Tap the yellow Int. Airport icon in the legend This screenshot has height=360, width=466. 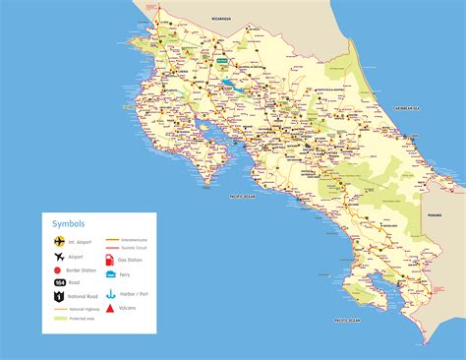59,239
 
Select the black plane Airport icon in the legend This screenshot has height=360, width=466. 59,254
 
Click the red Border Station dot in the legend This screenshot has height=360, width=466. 59,269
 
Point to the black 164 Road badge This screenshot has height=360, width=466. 59,282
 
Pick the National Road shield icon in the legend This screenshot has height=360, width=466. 59,297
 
